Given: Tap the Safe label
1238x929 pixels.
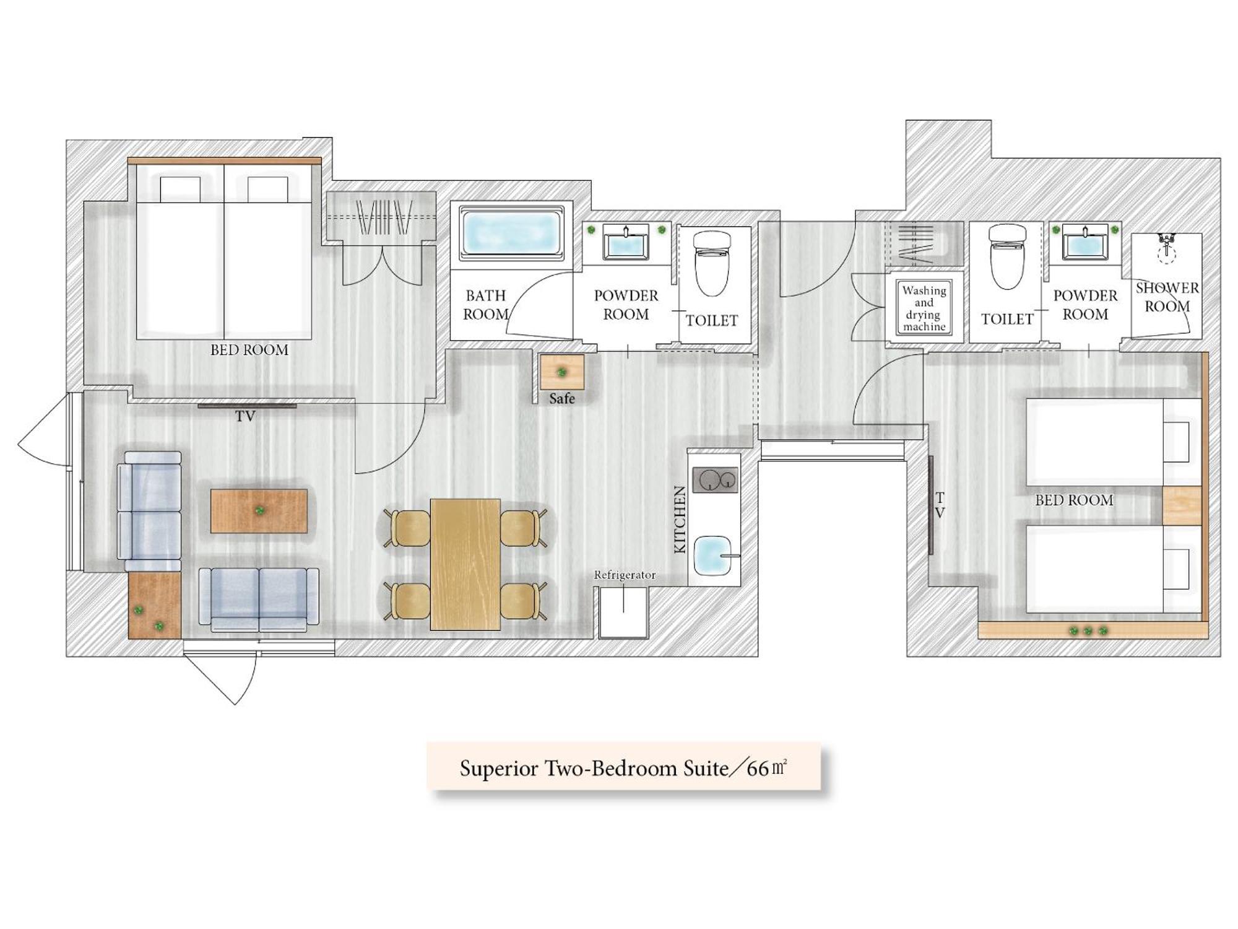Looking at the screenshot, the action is [562, 399].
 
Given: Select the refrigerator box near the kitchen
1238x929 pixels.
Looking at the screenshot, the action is [623, 613].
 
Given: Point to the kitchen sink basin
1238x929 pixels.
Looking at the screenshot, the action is [713, 556].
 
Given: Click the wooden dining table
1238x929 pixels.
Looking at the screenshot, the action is [465, 564].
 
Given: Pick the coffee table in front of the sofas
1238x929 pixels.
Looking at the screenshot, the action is [259, 511].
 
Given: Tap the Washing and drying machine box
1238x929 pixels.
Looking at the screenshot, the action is [924, 307].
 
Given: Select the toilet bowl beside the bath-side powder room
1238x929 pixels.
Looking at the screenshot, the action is [712, 264].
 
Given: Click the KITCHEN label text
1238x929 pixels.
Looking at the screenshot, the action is [680, 520].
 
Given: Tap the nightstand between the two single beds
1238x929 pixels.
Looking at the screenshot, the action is [1182, 506].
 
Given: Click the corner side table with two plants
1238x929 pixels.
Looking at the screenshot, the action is [154, 605].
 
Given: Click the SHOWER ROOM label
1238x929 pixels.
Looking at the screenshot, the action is [1167, 297].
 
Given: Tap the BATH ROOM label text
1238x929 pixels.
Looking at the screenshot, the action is [486, 305].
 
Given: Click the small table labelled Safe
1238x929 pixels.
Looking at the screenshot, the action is [562, 372].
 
